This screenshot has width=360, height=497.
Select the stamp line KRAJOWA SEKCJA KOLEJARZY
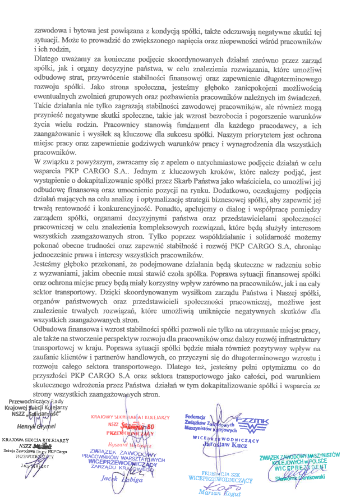pos(35,441)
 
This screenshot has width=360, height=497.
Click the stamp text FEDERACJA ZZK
pos(219,473)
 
